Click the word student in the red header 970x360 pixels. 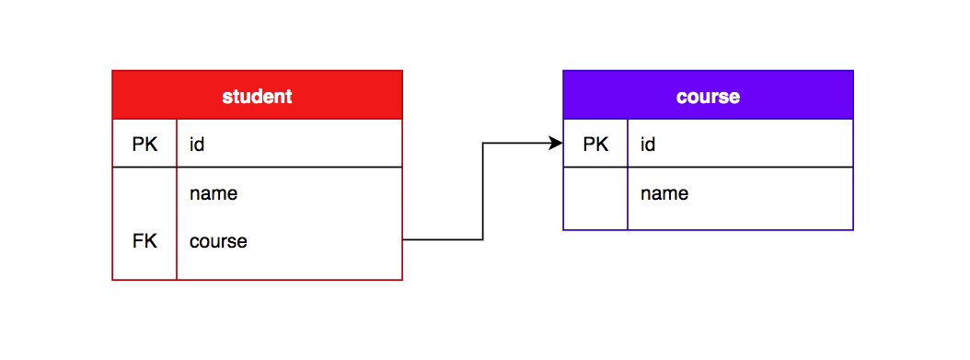(257, 96)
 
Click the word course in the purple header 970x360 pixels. (708, 96)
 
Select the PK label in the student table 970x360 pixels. (144, 145)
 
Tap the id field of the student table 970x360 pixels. (197, 145)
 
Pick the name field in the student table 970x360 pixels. (214, 193)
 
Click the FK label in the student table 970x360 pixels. (144, 241)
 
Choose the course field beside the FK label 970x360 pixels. (218, 241)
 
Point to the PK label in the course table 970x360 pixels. (595, 145)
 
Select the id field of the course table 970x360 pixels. (648, 145)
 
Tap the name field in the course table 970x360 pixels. (664, 193)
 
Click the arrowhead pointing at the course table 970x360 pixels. (556, 143)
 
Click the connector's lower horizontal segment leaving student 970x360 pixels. (442, 239)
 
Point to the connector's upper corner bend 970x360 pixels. (483, 143)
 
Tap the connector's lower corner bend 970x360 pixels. (483, 239)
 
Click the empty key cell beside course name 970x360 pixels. (595, 198)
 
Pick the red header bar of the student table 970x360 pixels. (350, 95)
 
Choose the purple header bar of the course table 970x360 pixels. (801, 95)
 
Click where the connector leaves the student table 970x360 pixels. (404, 239)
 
